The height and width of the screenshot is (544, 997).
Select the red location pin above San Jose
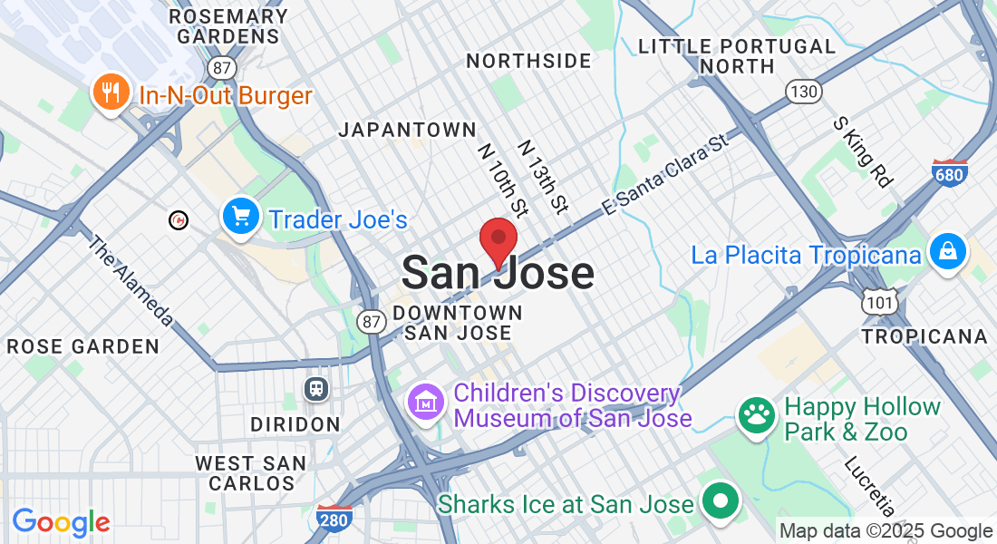[x=498, y=241]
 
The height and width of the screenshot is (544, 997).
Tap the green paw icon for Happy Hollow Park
[x=756, y=417]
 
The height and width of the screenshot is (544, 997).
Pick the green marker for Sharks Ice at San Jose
[x=721, y=501]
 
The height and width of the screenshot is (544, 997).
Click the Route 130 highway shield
[x=804, y=92]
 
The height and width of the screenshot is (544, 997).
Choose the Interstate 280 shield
[x=334, y=518]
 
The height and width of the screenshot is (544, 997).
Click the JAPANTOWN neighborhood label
[x=407, y=130]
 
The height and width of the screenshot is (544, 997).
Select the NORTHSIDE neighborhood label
[x=528, y=61]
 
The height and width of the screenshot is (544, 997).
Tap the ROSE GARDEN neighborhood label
[x=82, y=346]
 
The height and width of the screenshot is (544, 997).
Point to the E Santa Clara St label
[x=665, y=176]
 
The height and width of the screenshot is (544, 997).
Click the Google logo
[x=62, y=522]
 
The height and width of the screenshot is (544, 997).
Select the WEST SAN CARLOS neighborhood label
[x=251, y=473]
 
